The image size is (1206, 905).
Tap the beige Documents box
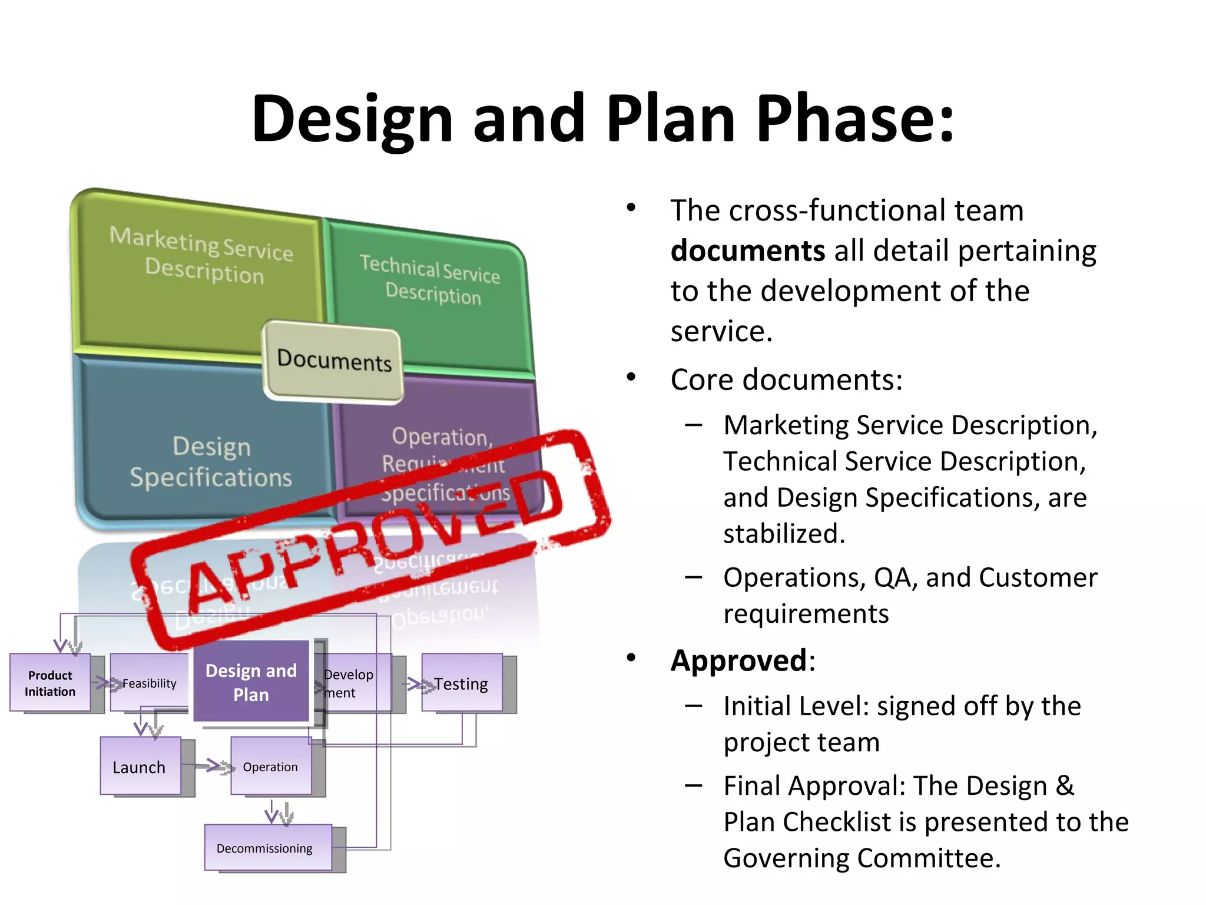tap(333, 361)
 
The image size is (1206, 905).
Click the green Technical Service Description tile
tap(430, 295)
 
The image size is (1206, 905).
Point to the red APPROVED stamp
tap(371, 536)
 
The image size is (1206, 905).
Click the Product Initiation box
tap(50, 683)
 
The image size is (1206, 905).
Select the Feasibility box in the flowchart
tap(148, 683)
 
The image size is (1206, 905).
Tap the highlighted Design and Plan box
tap(251, 682)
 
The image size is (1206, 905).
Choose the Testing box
tap(462, 683)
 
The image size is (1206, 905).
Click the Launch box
tap(140, 767)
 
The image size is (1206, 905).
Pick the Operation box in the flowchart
tap(270, 767)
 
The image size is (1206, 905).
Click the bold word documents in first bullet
tap(747, 251)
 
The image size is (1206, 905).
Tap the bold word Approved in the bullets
tap(738, 660)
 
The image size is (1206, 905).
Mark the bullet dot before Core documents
tap(631, 377)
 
